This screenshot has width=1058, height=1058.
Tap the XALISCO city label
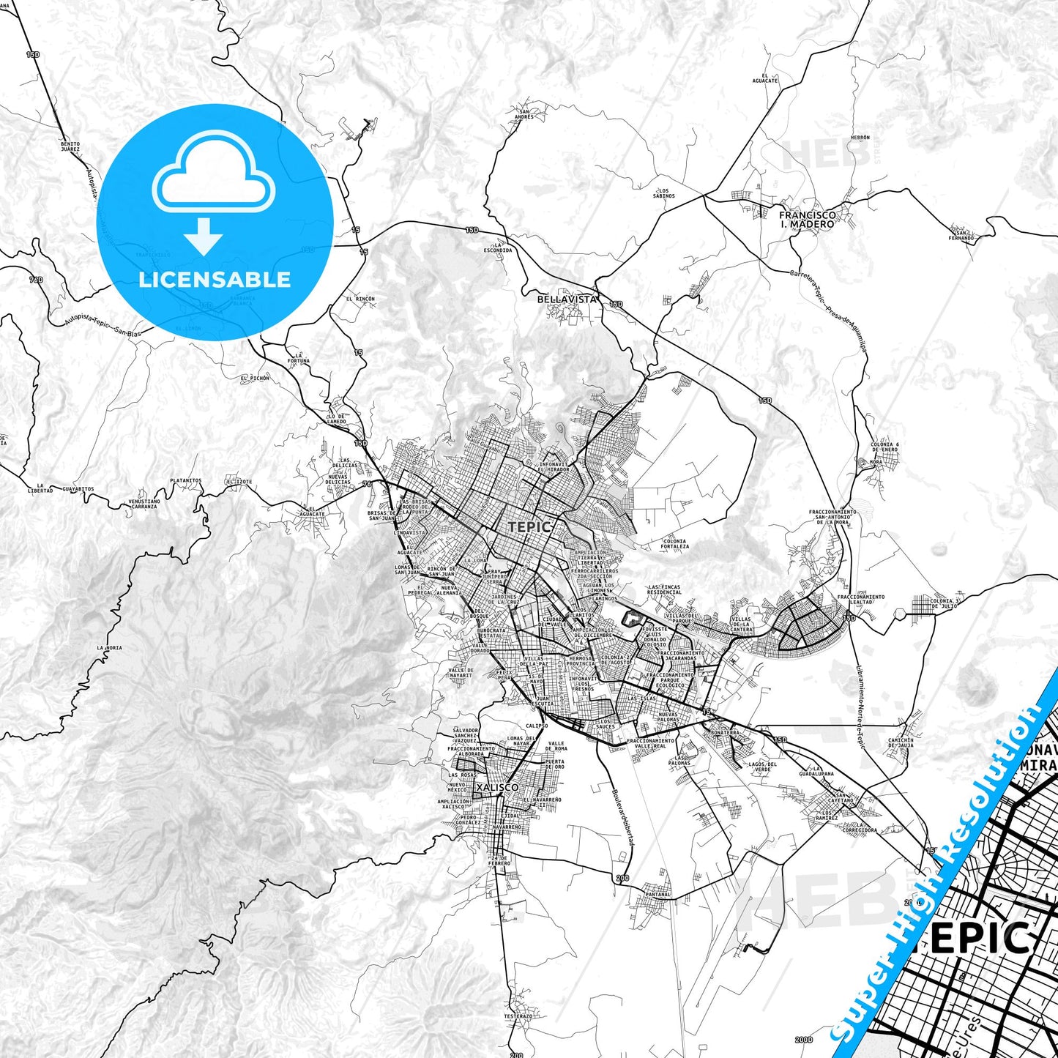click(496, 787)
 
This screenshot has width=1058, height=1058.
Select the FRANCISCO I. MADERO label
click(807, 220)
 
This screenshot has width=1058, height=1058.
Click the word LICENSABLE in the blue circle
click(215, 280)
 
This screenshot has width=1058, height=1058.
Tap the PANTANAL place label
click(658, 894)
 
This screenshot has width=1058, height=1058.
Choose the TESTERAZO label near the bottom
click(518, 1016)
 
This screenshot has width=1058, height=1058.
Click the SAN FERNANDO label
click(961, 235)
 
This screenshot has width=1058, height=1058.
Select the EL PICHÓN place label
click(255, 379)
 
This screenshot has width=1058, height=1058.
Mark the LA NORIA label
click(109, 648)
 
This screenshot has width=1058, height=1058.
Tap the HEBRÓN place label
click(860, 138)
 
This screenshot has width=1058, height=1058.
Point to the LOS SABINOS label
click(664, 193)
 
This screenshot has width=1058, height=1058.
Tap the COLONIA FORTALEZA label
click(674, 544)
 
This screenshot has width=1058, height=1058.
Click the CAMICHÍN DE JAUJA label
click(901, 742)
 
